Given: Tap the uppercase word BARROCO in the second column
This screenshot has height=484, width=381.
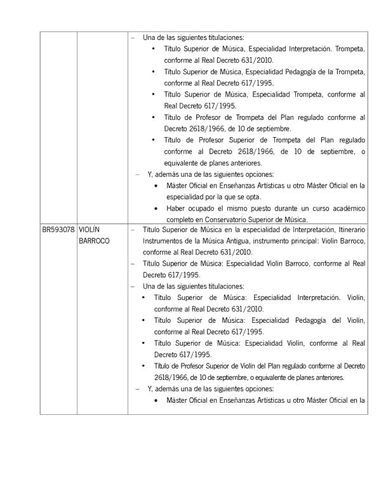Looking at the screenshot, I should click(x=95, y=241).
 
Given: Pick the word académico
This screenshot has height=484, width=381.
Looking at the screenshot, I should click(x=345, y=208).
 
